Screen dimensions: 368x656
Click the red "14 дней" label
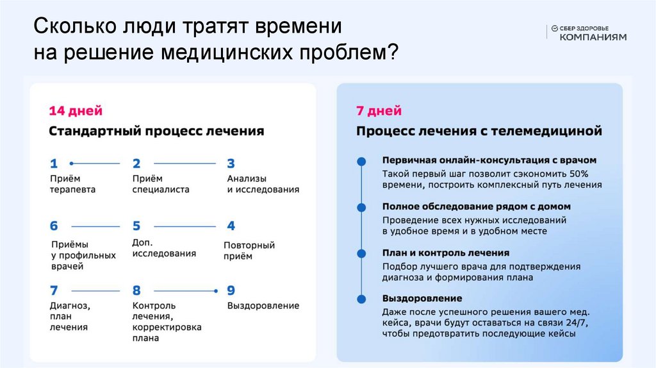pos(76,111)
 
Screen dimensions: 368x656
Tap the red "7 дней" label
pos(379,111)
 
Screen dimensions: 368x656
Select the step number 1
pos(54,163)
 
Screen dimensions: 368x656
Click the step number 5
pos(136,226)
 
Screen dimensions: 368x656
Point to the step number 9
pos(231,290)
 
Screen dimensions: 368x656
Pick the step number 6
pos(54,226)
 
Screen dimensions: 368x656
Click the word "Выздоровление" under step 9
pos(263,306)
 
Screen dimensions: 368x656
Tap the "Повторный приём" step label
pos(249,251)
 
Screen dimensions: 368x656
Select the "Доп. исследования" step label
pos(163,247)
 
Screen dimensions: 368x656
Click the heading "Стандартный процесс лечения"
pos(156,131)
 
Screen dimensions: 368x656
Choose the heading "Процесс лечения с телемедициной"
pos(479,131)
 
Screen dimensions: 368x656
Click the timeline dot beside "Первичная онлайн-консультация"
pos(362,161)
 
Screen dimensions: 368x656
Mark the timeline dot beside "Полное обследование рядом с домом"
pos(362,207)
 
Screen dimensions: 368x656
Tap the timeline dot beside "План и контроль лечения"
pos(362,253)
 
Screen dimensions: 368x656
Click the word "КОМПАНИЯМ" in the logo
pos(593,37)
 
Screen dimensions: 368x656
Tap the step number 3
pos(231,163)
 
